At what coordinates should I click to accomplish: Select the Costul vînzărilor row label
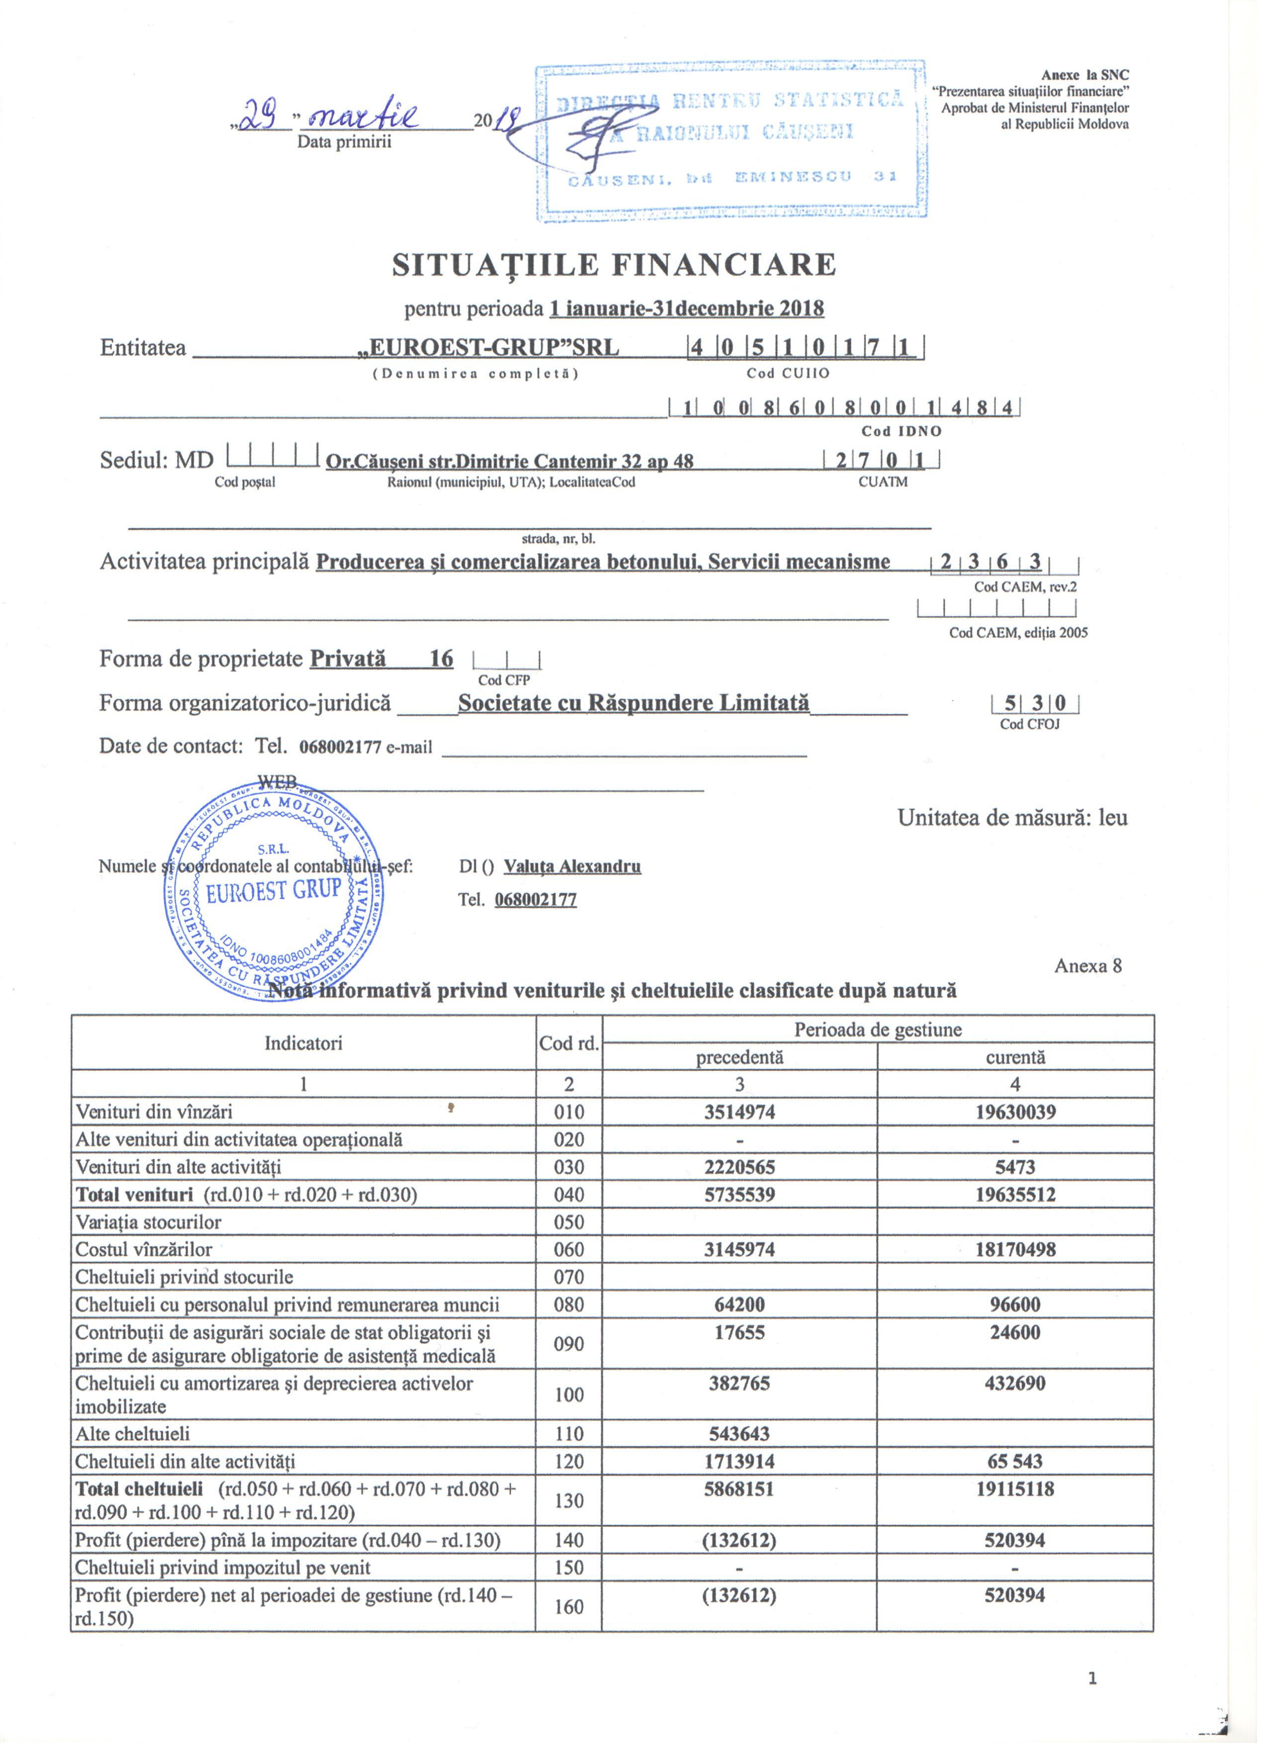(144, 1250)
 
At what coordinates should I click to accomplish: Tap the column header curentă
(1015, 1057)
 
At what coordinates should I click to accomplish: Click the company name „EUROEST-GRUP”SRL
(489, 348)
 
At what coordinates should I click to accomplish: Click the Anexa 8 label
(1087, 966)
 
